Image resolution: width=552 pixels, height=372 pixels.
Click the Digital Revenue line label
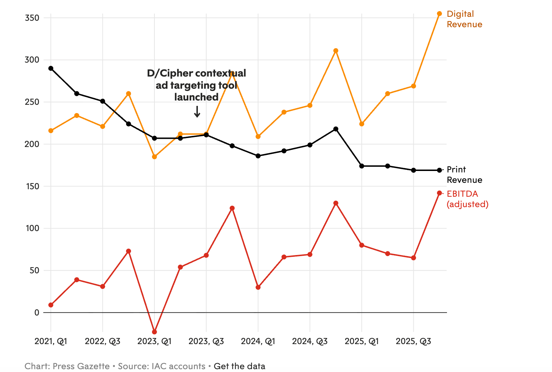pos(464,19)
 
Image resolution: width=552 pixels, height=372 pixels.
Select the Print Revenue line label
pos(464,175)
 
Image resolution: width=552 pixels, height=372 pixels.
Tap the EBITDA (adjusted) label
pos(467,199)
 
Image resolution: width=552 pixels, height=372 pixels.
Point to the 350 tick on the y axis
pos(32,18)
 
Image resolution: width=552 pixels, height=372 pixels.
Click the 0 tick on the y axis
pos(37,313)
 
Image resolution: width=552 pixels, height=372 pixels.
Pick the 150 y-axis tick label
pos(32,186)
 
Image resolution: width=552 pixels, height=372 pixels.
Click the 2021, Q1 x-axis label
pos(51,342)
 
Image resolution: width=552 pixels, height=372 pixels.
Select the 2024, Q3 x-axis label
pos(310,342)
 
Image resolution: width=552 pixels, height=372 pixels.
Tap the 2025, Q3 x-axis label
pos(413,342)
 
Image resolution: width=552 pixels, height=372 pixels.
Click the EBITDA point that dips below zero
pos(154,332)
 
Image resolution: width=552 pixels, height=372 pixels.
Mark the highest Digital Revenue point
pos(439,14)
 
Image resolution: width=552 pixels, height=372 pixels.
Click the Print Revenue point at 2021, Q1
pos(51,68)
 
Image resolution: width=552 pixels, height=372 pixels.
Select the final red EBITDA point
pos(439,193)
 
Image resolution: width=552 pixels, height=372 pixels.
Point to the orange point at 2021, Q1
pos(51,131)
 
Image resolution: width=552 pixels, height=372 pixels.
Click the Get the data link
pos(239,366)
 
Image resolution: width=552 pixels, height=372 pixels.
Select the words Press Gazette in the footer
pos(81,366)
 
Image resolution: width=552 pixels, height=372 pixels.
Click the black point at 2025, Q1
pos(362,166)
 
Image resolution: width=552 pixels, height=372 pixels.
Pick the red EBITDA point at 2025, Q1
pos(362,245)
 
